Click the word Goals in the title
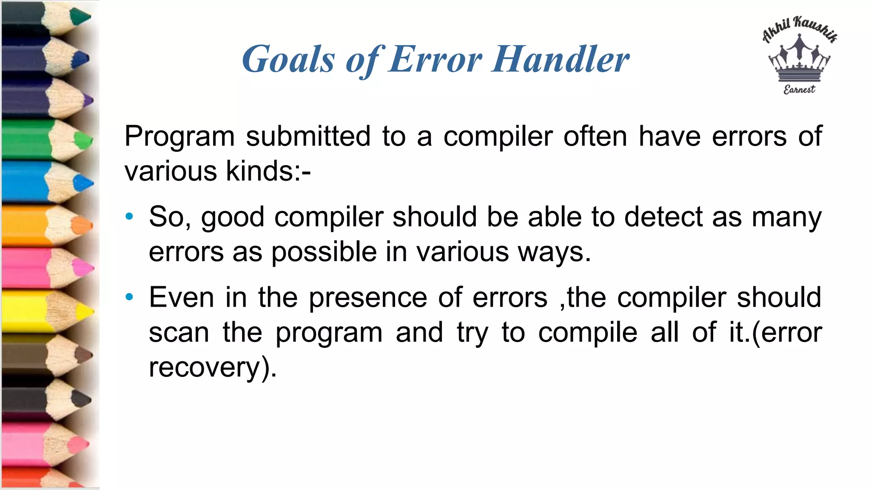pos(288,60)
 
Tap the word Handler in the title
pos(561,60)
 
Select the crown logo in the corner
pos(799,60)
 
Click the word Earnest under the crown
pos(799,89)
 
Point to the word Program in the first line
pos(179,137)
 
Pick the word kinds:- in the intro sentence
pos(268,171)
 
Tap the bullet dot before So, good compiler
pos(129,217)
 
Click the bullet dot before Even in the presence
pos(129,297)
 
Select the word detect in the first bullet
pos(663,217)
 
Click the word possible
pos(324,252)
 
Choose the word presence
pos(368,298)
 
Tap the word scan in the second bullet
pos(179,332)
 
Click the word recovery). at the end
pos(213,367)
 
